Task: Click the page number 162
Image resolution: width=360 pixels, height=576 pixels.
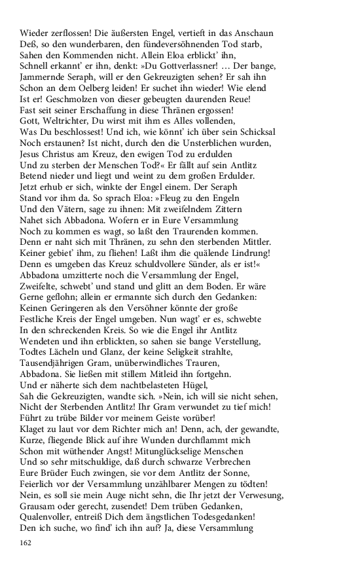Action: click(27, 543)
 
